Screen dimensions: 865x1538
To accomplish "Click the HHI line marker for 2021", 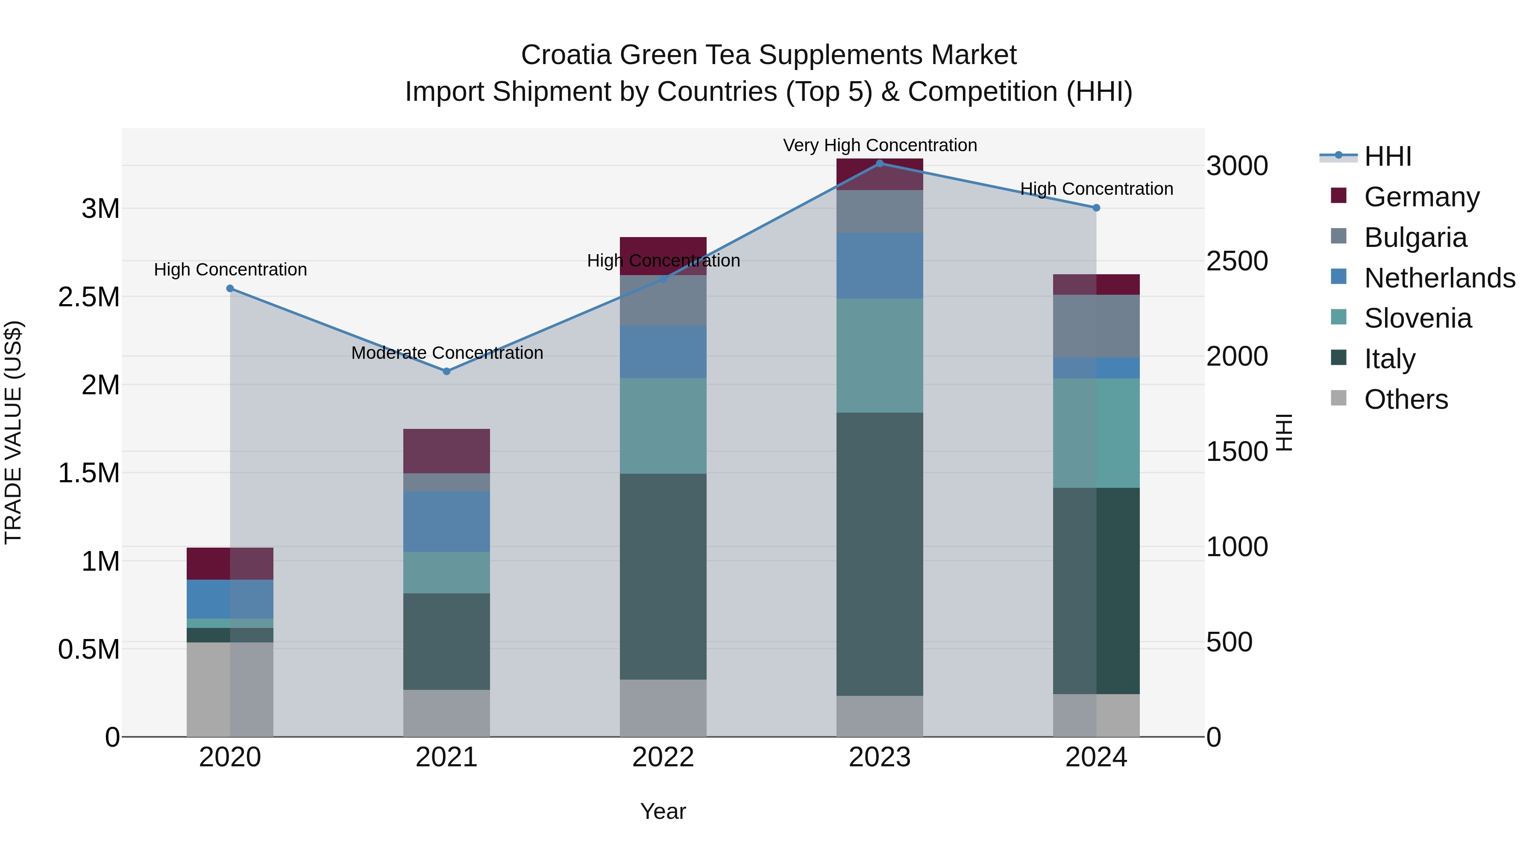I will coord(446,371).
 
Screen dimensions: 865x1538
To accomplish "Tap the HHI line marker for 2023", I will coord(880,163).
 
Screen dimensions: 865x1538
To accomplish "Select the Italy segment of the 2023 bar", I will coord(880,554).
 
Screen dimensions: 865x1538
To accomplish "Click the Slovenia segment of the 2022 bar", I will coord(663,425).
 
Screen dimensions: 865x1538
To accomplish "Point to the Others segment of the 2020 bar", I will coord(230,689).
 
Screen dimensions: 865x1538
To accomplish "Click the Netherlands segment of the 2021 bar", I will coord(446,521).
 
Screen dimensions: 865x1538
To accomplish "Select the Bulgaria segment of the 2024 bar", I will coord(1096,326).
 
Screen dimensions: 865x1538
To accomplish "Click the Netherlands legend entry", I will coord(1439,278).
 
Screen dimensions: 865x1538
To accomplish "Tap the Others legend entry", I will coord(1406,399).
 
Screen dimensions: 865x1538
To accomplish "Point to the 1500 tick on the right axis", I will coord(1237,452).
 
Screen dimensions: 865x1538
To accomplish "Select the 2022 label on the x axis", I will coord(663,757).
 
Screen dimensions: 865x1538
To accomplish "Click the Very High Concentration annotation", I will coord(880,145).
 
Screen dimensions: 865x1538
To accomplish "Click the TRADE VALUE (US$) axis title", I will coord(14,432).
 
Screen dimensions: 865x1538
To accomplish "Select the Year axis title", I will coord(663,811).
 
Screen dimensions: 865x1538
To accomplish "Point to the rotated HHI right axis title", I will coord(1284,432).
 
